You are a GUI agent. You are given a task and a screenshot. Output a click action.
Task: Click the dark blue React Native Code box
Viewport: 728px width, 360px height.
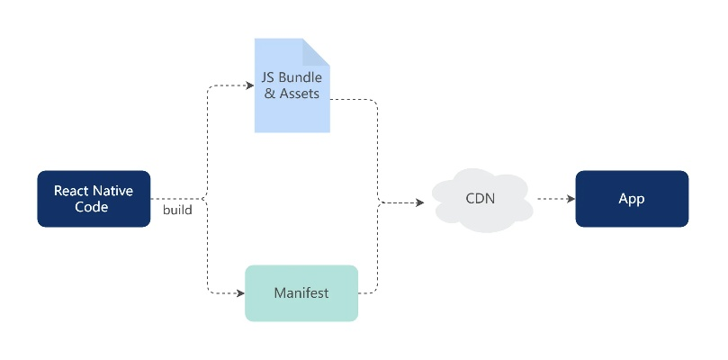click(94, 199)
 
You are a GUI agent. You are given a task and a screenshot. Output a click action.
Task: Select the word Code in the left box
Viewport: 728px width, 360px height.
click(93, 207)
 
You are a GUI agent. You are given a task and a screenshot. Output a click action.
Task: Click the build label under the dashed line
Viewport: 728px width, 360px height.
click(176, 211)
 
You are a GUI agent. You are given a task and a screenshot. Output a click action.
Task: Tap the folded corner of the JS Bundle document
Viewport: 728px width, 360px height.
click(316, 51)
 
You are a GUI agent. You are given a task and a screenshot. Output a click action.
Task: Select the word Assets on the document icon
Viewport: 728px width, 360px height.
click(298, 94)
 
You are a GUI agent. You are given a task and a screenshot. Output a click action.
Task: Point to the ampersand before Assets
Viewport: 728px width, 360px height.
click(269, 94)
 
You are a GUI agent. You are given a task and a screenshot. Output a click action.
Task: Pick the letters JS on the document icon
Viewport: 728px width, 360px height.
click(268, 77)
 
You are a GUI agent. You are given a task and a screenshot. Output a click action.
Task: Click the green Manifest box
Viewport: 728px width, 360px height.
click(301, 293)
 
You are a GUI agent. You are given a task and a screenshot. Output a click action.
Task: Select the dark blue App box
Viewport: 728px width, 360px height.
click(632, 199)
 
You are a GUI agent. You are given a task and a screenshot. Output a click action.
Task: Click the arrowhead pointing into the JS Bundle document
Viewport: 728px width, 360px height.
click(250, 86)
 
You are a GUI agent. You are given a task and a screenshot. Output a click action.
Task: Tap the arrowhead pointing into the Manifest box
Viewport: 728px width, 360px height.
click(241, 293)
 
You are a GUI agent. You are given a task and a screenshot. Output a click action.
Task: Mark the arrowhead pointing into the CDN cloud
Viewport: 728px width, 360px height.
click(419, 202)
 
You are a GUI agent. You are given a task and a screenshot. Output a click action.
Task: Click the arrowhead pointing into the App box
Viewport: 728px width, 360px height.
click(571, 199)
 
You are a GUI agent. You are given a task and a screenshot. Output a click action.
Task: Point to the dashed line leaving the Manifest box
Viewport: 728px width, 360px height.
click(369, 292)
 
